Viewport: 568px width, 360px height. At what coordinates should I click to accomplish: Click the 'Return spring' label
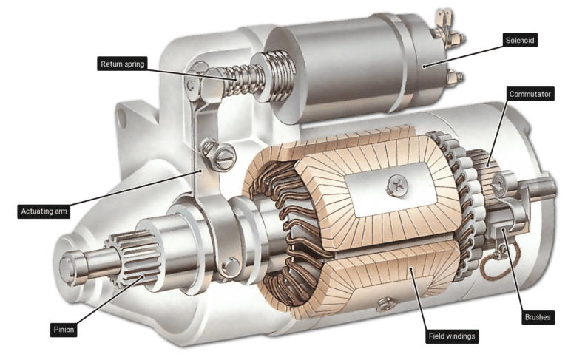[124, 64]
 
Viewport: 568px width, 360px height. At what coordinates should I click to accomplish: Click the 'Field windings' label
[453, 336]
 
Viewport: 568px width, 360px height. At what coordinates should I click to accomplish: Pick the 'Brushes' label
[537, 317]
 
